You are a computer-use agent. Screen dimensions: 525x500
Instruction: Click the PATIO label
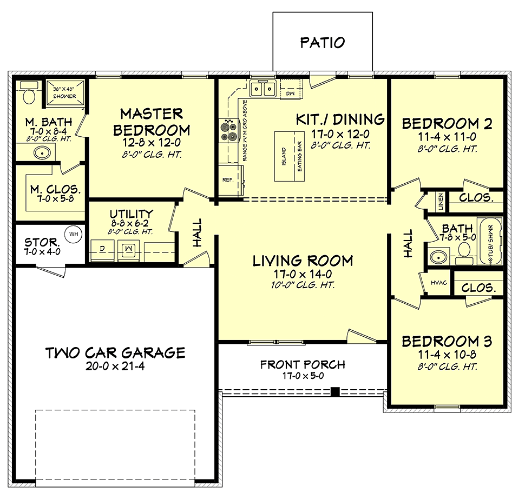(322, 43)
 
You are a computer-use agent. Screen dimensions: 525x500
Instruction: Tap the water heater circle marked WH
(73, 234)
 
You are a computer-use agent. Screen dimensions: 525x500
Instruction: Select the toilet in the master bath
(29, 94)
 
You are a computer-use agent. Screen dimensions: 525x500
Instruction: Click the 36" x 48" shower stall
(64, 92)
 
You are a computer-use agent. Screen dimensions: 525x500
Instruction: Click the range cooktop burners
(228, 131)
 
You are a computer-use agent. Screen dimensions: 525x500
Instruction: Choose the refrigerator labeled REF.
(230, 180)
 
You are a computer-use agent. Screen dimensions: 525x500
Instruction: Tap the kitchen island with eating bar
(289, 157)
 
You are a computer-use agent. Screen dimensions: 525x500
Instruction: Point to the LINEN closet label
(441, 202)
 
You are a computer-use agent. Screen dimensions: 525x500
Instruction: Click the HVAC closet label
(438, 283)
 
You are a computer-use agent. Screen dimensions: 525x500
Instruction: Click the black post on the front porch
(335, 392)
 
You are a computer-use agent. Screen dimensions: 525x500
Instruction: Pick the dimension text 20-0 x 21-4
(115, 366)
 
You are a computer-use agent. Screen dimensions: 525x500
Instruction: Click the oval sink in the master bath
(42, 153)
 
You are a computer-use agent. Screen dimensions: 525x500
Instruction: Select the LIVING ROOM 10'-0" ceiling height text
(303, 285)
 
